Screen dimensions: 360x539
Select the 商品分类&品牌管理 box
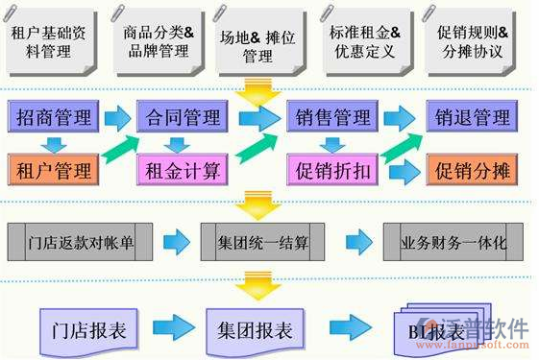(159, 41)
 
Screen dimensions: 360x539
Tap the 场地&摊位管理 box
(257, 43)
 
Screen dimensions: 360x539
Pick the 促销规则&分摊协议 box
(474, 41)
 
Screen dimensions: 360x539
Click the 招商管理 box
(55, 118)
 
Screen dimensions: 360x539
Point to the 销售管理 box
(329, 118)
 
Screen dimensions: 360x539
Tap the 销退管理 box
(472, 118)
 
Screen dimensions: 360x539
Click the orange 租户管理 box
(55, 171)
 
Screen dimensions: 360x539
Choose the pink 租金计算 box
(182, 172)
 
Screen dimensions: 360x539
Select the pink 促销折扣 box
(329, 171)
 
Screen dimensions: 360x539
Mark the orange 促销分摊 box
(472, 171)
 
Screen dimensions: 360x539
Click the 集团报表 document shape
(254, 328)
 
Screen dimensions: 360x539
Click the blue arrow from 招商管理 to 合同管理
(117, 118)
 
